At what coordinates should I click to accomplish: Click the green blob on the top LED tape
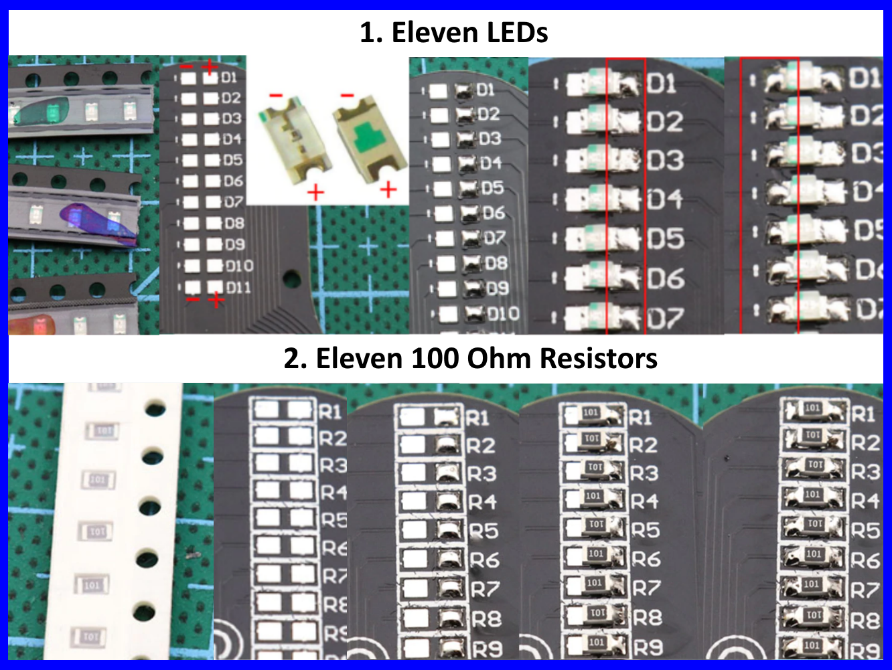point(40,111)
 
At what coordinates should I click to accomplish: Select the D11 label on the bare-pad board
point(238,288)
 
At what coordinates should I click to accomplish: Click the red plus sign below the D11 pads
point(216,301)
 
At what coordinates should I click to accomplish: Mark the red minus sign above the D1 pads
point(187,68)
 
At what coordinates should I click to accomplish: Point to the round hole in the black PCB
point(292,277)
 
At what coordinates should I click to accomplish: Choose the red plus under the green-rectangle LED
point(388,191)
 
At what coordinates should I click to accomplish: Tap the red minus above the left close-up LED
point(276,96)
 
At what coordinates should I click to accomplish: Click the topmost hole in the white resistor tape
point(155,406)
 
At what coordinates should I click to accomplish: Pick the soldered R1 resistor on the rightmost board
point(812,410)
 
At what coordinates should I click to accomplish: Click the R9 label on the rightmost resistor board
point(865,649)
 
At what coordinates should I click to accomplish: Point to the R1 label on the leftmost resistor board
point(330,412)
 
